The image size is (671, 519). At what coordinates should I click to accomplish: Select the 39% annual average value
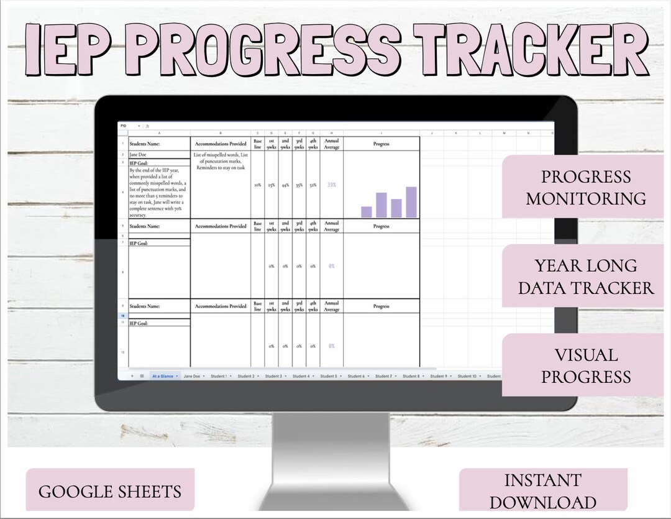pyautogui.click(x=332, y=185)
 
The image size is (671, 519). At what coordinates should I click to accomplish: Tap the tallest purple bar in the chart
pyautogui.click(x=411, y=202)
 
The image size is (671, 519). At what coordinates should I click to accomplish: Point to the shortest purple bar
pyautogui.click(x=367, y=212)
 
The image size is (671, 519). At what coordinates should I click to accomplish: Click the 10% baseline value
pyautogui.click(x=257, y=185)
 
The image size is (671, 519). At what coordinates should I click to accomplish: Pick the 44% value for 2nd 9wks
pyautogui.click(x=285, y=185)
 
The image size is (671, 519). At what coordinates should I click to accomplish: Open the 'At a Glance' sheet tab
pyautogui.click(x=164, y=376)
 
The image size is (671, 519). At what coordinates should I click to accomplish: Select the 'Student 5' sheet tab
pyautogui.click(x=328, y=376)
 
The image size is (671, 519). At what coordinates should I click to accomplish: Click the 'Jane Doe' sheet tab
pyautogui.click(x=193, y=376)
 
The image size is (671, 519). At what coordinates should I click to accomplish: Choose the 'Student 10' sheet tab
pyautogui.click(x=467, y=376)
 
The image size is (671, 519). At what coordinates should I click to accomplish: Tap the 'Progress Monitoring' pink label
pyautogui.click(x=585, y=187)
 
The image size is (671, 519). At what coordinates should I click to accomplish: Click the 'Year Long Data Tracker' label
pyautogui.click(x=585, y=277)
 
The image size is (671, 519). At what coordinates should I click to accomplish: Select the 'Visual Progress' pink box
pyautogui.click(x=585, y=365)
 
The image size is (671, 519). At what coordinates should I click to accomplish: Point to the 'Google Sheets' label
pyautogui.click(x=110, y=492)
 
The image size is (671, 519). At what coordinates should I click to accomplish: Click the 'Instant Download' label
pyautogui.click(x=542, y=491)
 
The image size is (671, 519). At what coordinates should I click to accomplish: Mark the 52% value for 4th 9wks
pyautogui.click(x=313, y=185)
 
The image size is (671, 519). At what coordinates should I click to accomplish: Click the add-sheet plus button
pyautogui.click(x=132, y=376)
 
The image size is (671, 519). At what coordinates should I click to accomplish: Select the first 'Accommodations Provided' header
pyautogui.click(x=221, y=144)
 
